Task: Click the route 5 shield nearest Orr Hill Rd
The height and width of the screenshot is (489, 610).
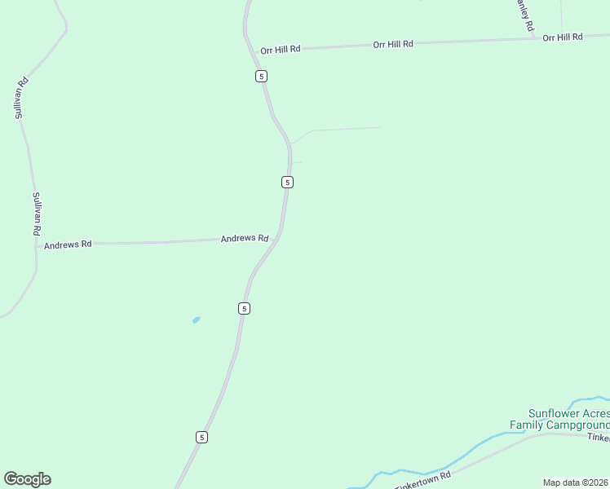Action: pyautogui.click(x=261, y=76)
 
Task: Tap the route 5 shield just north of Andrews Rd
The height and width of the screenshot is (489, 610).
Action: pyautogui.click(x=287, y=182)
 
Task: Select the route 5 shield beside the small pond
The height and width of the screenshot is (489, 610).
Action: pyautogui.click(x=244, y=308)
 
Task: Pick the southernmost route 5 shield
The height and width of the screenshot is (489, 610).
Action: pyautogui.click(x=201, y=437)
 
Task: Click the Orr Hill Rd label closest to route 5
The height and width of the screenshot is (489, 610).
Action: pyautogui.click(x=281, y=50)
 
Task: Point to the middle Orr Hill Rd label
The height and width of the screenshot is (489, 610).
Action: pyautogui.click(x=393, y=44)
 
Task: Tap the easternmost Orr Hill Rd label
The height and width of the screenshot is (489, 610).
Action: pyautogui.click(x=563, y=37)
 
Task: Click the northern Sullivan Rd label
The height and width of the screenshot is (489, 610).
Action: pyautogui.click(x=22, y=98)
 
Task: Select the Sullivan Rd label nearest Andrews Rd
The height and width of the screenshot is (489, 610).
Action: pyautogui.click(x=36, y=214)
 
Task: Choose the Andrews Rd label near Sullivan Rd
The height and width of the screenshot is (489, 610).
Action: pyautogui.click(x=68, y=244)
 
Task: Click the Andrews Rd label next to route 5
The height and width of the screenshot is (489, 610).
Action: pyautogui.click(x=245, y=239)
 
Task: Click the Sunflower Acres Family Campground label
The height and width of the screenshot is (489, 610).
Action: pyautogui.click(x=559, y=419)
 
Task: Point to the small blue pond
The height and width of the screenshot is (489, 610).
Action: pyautogui.click(x=196, y=319)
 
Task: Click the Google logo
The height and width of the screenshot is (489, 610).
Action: pyautogui.click(x=27, y=479)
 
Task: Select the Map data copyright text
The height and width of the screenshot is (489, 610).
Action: pyautogui.click(x=576, y=482)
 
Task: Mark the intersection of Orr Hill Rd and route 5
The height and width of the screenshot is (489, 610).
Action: pyautogui.click(x=254, y=51)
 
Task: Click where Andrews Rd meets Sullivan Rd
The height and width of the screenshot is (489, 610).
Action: pyautogui.click(x=37, y=244)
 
